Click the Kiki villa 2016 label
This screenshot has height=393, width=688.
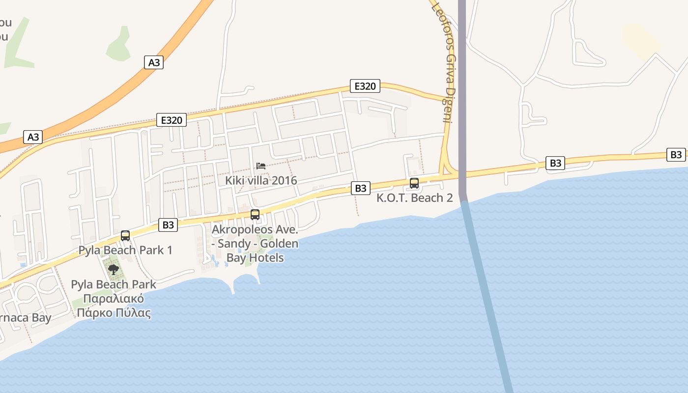coord(261,180)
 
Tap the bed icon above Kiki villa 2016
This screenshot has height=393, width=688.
coord(261,166)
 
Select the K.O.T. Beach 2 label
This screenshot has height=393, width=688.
coord(414,198)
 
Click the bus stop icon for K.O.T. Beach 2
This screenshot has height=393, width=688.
coord(414,183)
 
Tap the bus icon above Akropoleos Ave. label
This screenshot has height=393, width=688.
coord(255,215)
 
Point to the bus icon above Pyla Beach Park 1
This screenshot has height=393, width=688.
coord(125,236)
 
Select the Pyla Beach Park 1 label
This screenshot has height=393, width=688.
coord(125,250)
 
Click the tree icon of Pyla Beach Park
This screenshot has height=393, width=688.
coord(114,269)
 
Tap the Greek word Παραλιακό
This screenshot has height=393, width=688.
coord(114,299)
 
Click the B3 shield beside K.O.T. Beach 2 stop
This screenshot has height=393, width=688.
coord(360,188)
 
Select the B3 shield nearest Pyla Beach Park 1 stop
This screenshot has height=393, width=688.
coord(168,225)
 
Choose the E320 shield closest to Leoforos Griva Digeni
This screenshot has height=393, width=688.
coord(365,86)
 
